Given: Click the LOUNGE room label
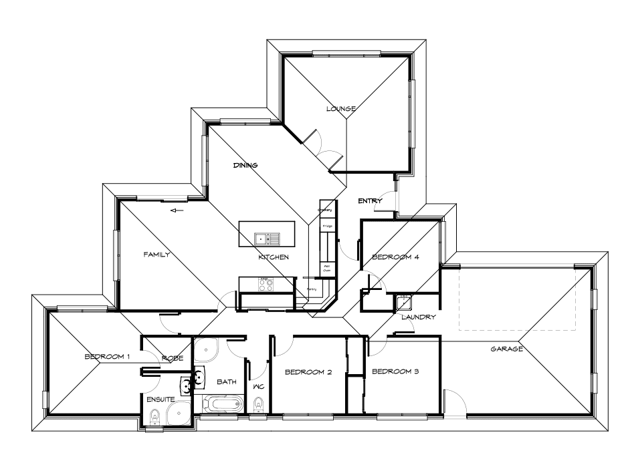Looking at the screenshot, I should tap(341, 108).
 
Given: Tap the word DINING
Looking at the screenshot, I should tap(245, 165).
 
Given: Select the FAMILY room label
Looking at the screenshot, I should tap(158, 255).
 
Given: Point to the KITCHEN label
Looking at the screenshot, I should tap(274, 257).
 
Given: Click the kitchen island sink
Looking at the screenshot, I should tap(266, 239).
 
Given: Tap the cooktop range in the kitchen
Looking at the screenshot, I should tap(265, 283).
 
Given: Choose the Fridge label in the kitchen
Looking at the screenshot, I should tap(328, 226).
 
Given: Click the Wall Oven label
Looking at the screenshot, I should tap(328, 268).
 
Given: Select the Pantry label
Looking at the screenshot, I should tap(312, 289).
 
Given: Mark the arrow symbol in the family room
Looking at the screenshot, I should tap(177, 211).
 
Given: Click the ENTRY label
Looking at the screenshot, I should tap(370, 201).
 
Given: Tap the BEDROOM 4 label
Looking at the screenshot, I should tap(395, 257).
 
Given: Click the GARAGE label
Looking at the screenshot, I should tap(506, 349).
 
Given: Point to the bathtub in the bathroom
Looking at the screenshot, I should tap(223, 404).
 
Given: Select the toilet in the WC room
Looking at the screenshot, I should tap(258, 403).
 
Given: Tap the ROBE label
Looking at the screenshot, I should tap(173, 359).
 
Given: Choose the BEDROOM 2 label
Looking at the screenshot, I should tap(308, 372).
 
